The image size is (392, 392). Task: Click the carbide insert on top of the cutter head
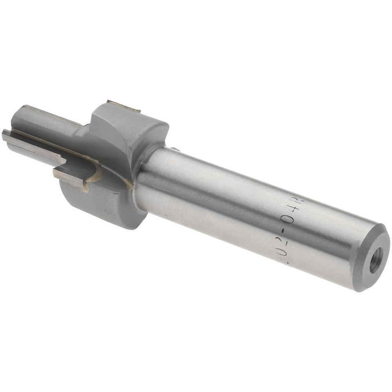tap(123, 106)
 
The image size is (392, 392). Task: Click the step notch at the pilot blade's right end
tap(63, 160)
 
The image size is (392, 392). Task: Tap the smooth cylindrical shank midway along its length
tap(235, 212)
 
